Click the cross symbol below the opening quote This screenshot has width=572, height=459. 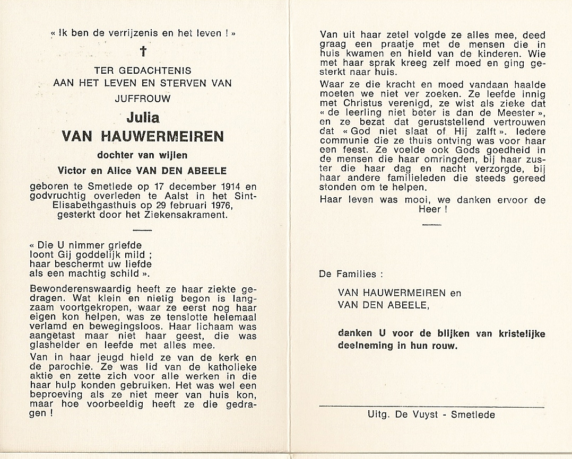143,51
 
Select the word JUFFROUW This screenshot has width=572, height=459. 143,97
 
